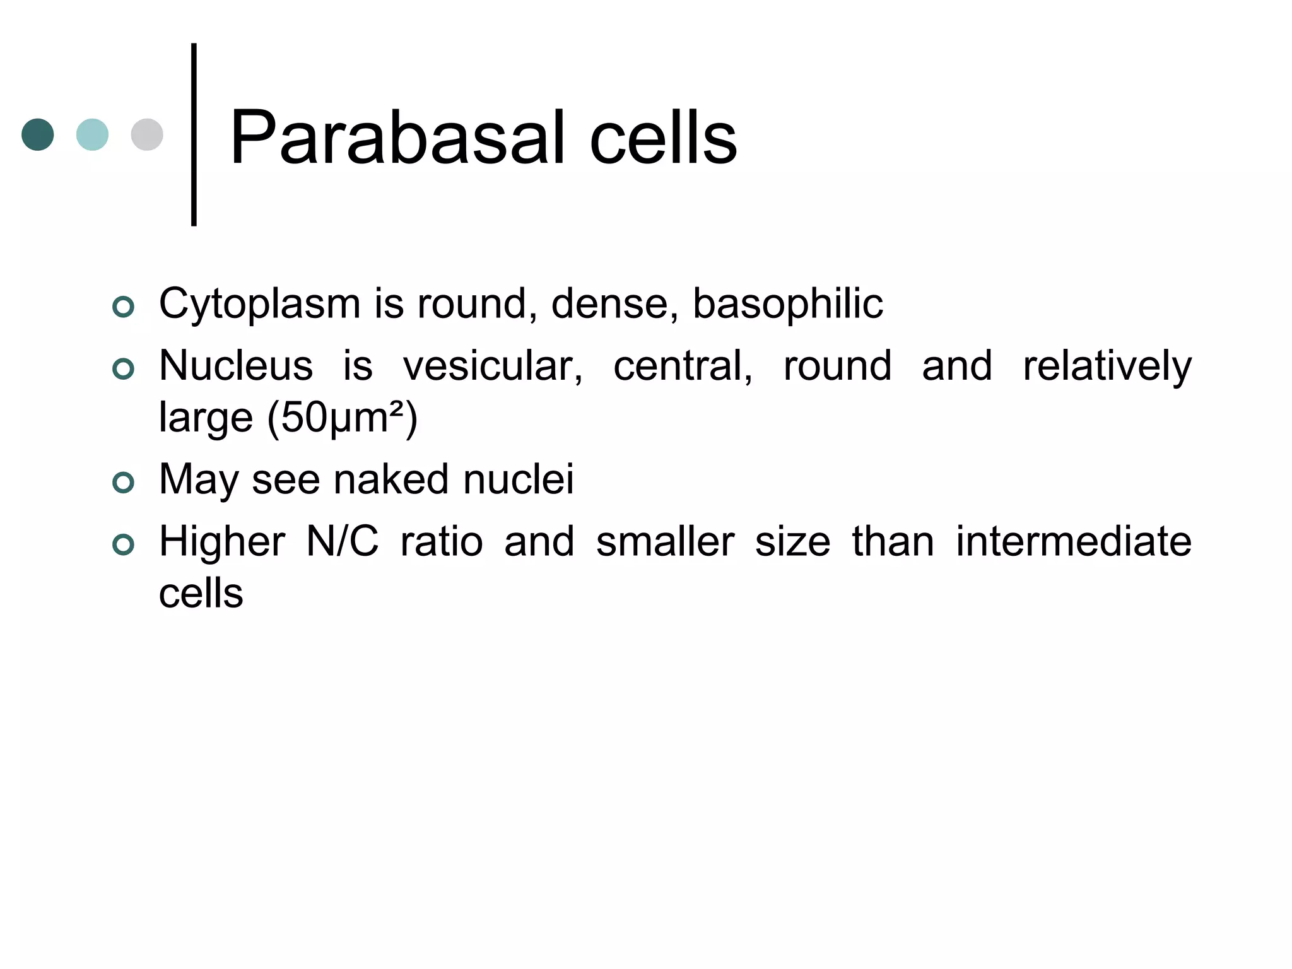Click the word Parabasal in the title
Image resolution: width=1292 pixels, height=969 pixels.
[x=396, y=138]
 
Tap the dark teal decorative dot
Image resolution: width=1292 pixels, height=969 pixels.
[x=38, y=134]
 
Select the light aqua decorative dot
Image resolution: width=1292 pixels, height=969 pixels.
[x=92, y=134]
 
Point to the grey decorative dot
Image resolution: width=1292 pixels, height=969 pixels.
[x=147, y=134]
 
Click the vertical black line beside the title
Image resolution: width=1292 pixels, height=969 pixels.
[x=194, y=134]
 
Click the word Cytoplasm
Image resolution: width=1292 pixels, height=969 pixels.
[x=259, y=305]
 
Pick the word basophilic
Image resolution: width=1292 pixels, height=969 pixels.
[x=787, y=305]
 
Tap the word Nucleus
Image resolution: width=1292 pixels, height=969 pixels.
[x=235, y=366]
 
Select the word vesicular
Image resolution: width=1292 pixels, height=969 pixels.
[x=492, y=366]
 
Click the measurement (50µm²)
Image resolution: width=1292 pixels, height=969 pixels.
[x=342, y=418]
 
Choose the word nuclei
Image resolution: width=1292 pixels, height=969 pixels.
[x=519, y=479]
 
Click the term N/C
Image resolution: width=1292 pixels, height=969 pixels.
[x=342, y=542]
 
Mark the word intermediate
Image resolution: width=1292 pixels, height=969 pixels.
[x=1073, y=542]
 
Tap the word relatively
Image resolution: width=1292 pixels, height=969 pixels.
[x=1107, y=366]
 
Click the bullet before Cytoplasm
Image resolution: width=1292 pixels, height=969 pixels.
[x=123, y=307]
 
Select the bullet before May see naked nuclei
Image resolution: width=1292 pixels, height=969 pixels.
[x=123, y=483]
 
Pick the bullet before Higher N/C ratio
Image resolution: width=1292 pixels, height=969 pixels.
[x=123, y=544]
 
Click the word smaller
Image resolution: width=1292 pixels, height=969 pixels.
[x=665, y=542]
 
